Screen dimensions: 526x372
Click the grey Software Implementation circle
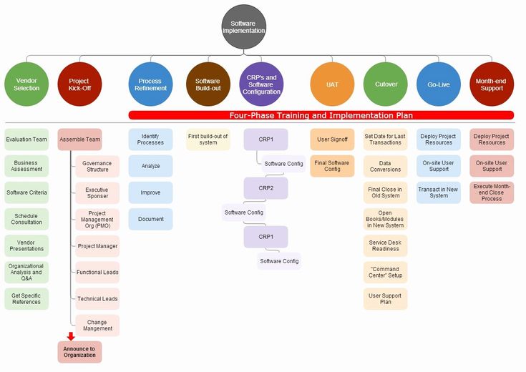[x=244, y=27]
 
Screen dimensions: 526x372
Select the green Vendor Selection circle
[x=26, y=84]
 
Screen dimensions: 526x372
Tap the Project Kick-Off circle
[x=80, y=84]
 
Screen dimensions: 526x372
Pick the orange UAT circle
[x=332, y=84]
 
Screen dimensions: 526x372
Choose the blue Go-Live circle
[x=439, y=84]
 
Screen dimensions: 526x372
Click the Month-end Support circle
[x=492, y=84]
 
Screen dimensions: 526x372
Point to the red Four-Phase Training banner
[x=321, y=115]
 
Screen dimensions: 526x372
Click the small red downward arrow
[x=71, y=336]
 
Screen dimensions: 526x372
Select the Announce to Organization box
[x=79, y=352]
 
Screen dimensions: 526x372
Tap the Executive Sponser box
[x=97, y=193]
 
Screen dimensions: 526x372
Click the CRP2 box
[x=266, y=188]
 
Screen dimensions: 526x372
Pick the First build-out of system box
[x=208, y=139]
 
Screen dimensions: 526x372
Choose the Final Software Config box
[x=332, y=166]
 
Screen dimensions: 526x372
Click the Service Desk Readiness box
[x=386, y=245]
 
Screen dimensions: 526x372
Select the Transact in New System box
[x=439, y=192]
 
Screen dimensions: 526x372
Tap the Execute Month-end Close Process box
[x=492, y=192]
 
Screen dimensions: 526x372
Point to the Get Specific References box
[x=26, y=298]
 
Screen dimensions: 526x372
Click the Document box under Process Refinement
[x=150, y=219]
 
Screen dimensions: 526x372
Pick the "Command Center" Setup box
[x=386, y=272]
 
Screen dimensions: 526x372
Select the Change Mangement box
[x=97, y=325]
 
